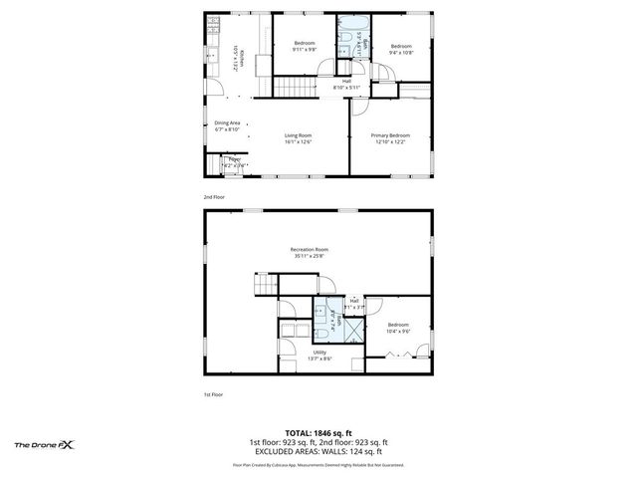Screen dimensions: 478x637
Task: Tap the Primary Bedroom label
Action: pos(390,134)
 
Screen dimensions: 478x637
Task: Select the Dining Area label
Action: pos(227,122)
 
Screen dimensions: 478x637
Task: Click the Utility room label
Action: pos(319,352)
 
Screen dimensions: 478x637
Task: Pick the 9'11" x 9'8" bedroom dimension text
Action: pos(305,50)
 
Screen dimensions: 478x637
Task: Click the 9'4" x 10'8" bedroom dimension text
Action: pos(401,52)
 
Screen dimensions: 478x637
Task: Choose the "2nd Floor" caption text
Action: pos(213,197)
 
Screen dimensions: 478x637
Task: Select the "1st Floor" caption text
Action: pos(213,395)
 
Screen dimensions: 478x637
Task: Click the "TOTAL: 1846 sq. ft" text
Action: pos(318,432)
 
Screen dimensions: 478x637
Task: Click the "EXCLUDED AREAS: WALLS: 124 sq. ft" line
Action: pos(318,450)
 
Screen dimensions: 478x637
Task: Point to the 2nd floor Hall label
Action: pos(346,81)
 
